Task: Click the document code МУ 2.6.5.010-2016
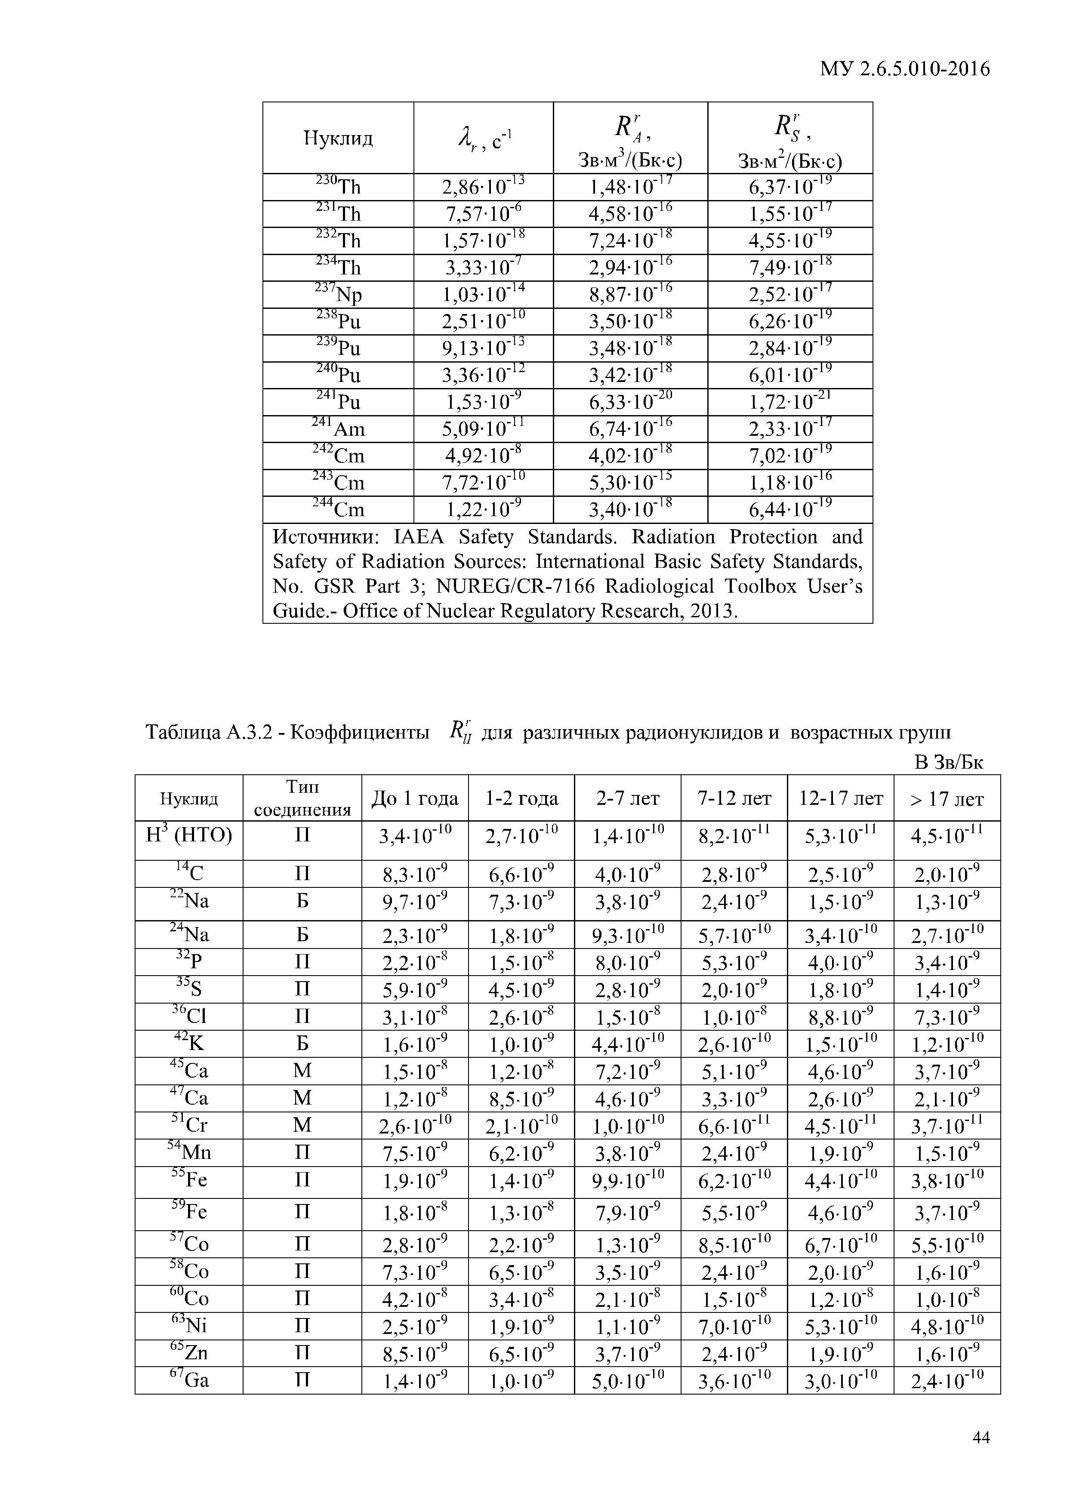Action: tap(904, 68)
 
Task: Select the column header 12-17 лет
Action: tap(840, 798)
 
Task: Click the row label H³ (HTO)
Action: tap(189, 836)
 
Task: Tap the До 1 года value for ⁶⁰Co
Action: tap(415, 1299)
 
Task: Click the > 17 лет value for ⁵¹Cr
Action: tap(947, 1126)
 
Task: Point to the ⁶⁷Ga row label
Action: tap(189, 1380)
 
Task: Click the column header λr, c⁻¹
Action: tap(483, 139)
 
